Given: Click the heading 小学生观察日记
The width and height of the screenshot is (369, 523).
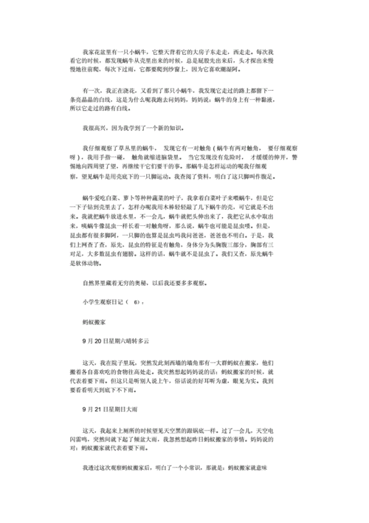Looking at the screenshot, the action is pyautogui.click(x=103, y=303).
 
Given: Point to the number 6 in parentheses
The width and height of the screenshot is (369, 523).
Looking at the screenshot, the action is pyautogui.click(x=136, y=303).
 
